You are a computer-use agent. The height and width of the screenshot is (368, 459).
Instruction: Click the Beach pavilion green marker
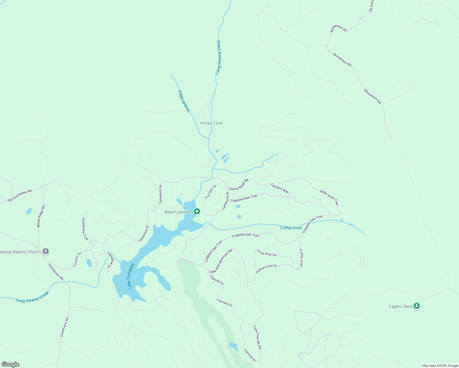197,211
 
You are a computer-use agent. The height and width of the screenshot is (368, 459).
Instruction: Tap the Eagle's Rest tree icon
416,306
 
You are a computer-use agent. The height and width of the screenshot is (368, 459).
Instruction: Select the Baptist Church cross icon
45,251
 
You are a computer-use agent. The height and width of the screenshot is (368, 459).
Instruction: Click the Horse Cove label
211,123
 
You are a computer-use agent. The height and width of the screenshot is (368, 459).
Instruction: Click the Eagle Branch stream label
184,101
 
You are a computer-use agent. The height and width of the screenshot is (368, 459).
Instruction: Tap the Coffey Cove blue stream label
291,228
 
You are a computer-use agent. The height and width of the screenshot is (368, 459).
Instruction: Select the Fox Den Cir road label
211,192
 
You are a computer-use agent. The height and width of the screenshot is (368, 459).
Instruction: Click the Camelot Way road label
280,188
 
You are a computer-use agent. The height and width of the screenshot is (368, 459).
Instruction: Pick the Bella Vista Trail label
329,197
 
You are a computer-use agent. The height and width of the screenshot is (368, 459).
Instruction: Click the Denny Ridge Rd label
238,184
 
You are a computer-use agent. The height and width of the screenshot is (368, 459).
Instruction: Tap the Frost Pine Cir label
267,253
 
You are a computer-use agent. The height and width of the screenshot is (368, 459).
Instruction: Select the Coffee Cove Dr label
266,269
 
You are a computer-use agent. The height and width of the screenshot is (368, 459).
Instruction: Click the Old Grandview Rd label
20,196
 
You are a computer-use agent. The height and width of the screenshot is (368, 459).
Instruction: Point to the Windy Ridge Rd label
41,216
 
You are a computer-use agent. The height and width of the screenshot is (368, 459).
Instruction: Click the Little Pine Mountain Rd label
220,261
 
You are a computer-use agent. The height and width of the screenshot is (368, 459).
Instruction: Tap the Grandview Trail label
85,229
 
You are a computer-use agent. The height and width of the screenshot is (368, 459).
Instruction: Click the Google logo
10,364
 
